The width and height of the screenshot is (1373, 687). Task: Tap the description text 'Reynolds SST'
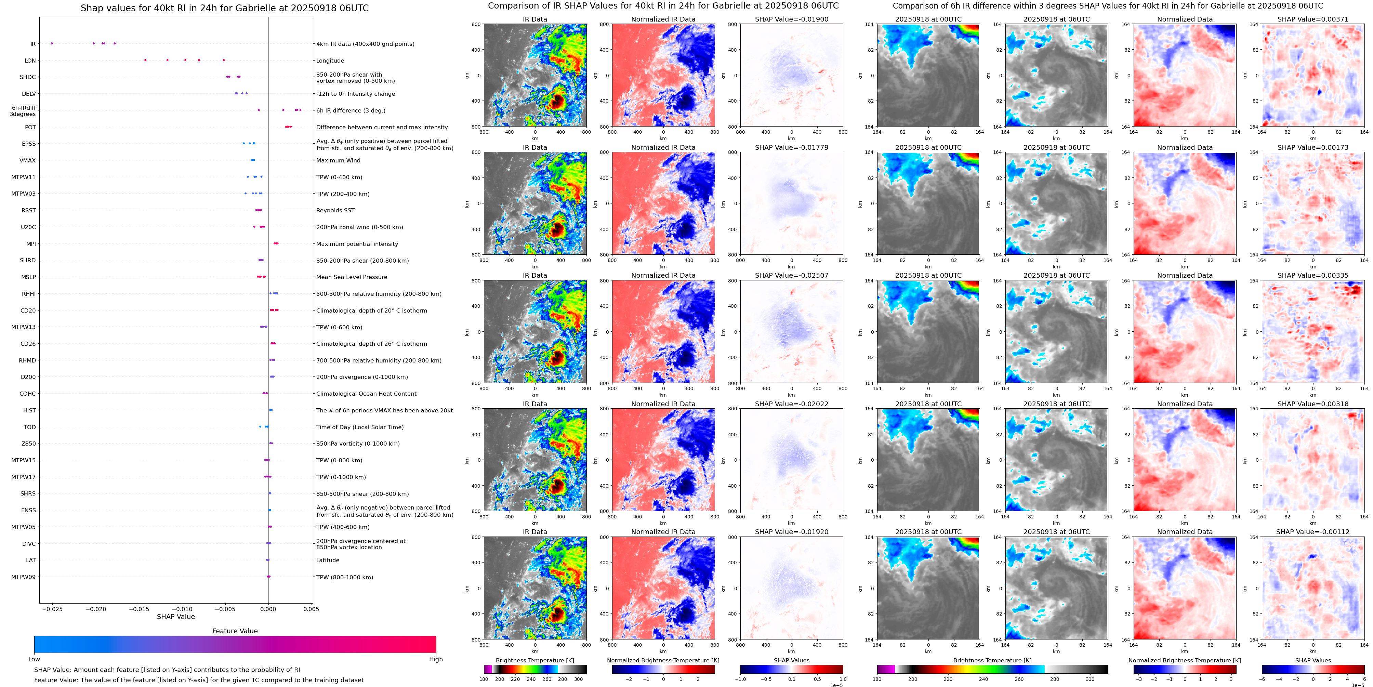pos(335,211)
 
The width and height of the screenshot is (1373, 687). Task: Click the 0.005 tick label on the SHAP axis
pos(311,609)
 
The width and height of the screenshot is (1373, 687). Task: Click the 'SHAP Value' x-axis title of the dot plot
pos(176,617)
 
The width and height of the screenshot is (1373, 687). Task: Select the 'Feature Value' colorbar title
pos(235,631)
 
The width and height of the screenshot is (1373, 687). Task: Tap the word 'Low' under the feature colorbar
pos(34,659)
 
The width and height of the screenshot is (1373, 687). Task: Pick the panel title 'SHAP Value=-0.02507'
pos(792,276)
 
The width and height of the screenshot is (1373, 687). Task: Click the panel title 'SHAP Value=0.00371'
pos(1313,19)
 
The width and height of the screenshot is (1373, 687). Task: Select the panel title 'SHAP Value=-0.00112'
pos(1313,532)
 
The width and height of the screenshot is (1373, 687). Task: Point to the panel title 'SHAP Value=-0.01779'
pos(792,148)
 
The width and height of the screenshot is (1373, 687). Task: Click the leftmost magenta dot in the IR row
pos(52,43)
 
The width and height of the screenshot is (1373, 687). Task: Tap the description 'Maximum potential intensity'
pos(357,244)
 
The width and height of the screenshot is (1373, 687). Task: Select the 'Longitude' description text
pos(330,61)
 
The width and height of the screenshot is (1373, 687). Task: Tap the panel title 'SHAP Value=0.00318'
pos(1313,404)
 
